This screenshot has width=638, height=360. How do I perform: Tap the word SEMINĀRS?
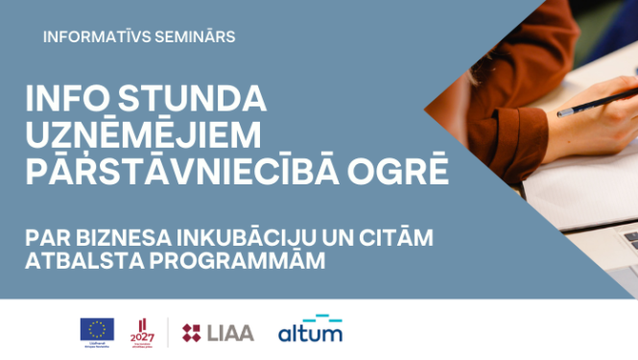tap(191, 36)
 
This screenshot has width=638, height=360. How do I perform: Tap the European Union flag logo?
tap(97, 328)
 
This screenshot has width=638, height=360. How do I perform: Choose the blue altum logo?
tap(310, 331)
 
